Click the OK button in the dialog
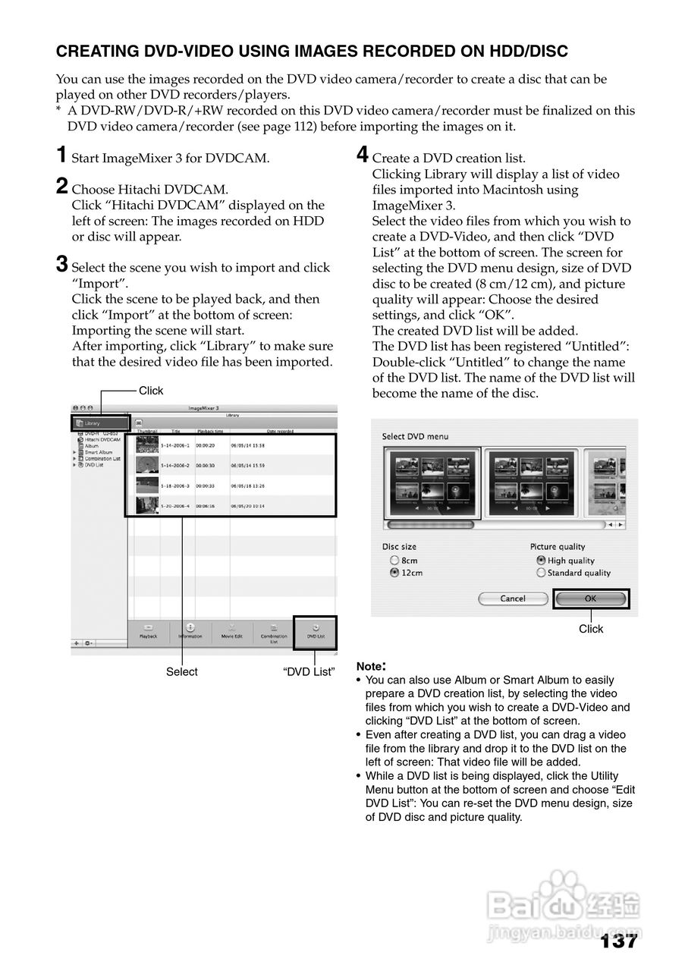point(591,599)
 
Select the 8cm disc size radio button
point(394,561)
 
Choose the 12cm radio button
point(394,573)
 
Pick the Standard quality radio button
point(541,573)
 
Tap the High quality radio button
point(541,561)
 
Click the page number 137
point(618,941)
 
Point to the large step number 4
point(363,156)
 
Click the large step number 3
point(63,265)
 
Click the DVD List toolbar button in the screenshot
point(315,631)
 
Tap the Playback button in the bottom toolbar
point(148,631)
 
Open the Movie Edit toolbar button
point(231,631)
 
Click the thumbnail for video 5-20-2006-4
point(146,505)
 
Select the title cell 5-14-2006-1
point(176,445)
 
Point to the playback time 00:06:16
point(206,505)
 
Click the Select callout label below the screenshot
point(182,671)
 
